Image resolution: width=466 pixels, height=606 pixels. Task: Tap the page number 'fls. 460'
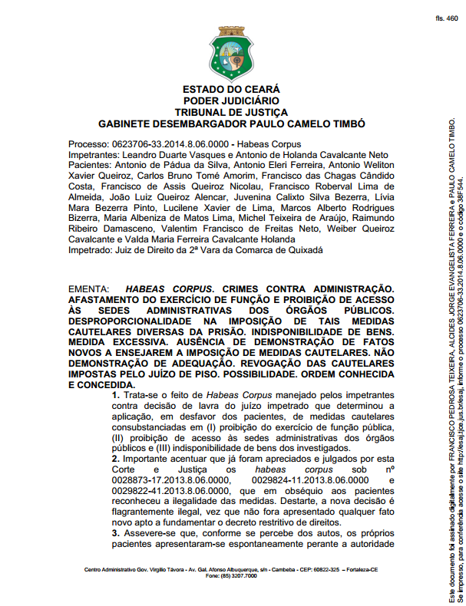[446, 17]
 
